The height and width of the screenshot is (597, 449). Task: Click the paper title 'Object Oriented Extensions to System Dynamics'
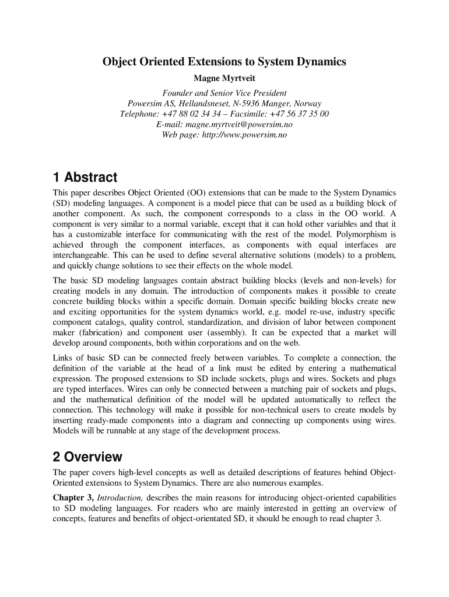224,61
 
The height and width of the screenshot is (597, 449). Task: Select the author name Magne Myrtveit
224,78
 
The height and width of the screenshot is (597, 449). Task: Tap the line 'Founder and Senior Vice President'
224,93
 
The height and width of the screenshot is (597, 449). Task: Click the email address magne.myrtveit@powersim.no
239,125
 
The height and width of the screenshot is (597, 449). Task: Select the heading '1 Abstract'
85,177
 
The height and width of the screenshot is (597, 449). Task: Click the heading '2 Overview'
87,456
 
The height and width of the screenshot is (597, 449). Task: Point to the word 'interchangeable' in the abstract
82,255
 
